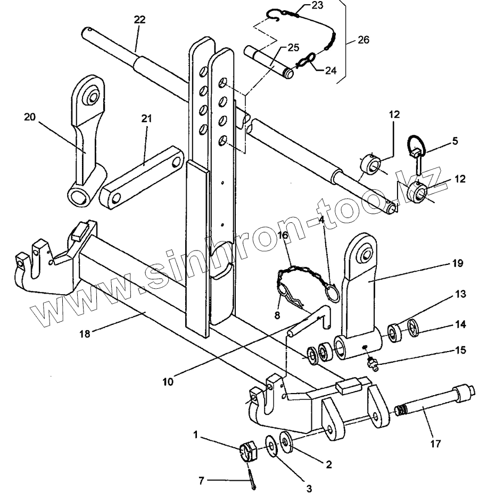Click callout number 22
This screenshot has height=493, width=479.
pyautogui.click(x=140, y=20)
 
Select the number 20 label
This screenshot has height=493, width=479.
pyautogui.click(x=30, y=117)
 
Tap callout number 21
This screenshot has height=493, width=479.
pyautogui.click(x=146, y=119)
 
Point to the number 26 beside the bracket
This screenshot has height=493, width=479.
pyautogui.click(x=363, y=40)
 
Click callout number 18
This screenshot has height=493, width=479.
pyautogui.click(x=85, y=333)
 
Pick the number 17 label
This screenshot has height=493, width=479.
pyautogui.click(x=435, y=444)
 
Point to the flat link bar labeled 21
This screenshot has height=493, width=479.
pyautogui.click(x=142, y=178)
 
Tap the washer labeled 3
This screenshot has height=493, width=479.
pyautogui.click(x=271, y=445)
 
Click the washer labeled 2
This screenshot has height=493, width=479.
pyautogui.click(x=286, y=442)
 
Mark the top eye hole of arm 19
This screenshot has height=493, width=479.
pyautogui.click(x=365, y=254)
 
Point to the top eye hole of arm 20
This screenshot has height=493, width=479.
pyautogui.click(x=92, y=97)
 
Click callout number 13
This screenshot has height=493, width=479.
pyautogui.click(x=460, y=294)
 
